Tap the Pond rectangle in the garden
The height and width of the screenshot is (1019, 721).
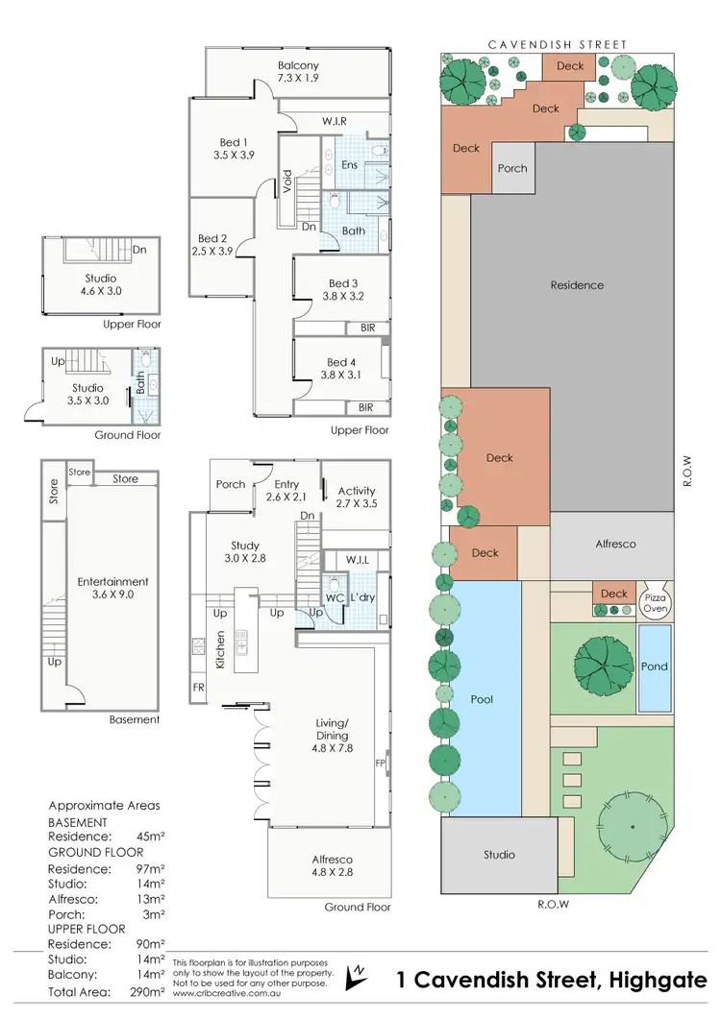click(x=655, y=667)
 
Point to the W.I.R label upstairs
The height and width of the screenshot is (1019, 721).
click(x=334, y=121)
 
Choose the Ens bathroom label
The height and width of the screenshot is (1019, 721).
click(x=350, y=165)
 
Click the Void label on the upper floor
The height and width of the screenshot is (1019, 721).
click(x=286, y=182)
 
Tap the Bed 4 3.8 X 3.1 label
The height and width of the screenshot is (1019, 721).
click(x=342, y=368)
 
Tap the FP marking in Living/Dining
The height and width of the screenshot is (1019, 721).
click(x=381, y=762)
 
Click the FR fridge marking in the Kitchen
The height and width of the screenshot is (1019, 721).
click(x=199, y=688)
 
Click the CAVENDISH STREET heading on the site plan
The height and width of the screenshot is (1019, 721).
click(x=558, y=44)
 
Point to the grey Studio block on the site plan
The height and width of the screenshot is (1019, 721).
click(x=499, y=854)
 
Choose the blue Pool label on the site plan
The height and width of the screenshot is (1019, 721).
click(x=482, y=699)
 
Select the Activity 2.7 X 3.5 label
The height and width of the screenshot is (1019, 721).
click(x=357, y=497)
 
